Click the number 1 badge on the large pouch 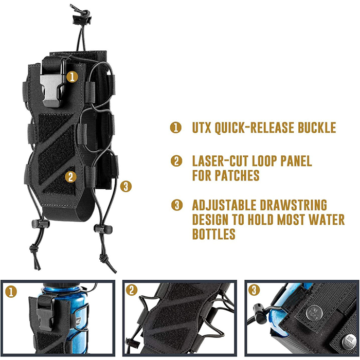click(73, 77)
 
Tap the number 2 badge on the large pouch click(71, 177)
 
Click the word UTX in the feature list click(204, 127)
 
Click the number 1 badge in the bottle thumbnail click(11, 292)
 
